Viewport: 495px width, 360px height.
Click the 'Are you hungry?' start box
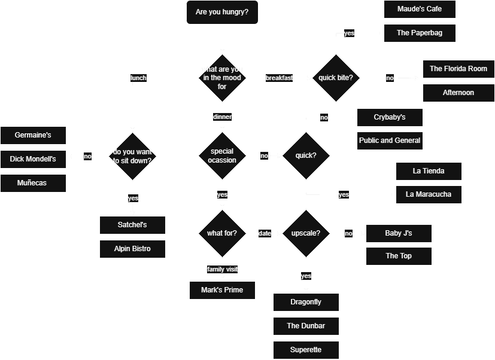(222, 12)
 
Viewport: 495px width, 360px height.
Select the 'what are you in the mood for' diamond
(222, 78)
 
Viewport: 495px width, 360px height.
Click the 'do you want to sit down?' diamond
(132, 156)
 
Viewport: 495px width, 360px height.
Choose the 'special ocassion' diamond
(222, 155)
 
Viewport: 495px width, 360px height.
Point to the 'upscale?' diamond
(306, 233)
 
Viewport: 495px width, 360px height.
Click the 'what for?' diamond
(222, 233)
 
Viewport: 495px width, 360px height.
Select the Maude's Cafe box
(420, 9)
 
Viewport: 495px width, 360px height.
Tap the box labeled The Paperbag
(420, 33)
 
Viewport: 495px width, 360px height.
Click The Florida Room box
(458, 69)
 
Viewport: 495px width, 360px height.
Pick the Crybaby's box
(390, 117)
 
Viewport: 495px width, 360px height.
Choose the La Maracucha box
(429, 194)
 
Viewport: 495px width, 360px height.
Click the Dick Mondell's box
(33, 159)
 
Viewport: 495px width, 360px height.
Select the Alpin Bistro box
(132, 249)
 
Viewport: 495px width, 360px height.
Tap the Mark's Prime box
(222, 291)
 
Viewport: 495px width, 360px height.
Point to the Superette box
(306, 350)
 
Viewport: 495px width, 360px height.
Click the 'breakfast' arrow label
(280, 78)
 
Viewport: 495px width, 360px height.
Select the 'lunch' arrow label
(138, 78)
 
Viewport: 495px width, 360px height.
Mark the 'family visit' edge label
(222, 269)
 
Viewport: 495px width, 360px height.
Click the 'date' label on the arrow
(265, 233)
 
